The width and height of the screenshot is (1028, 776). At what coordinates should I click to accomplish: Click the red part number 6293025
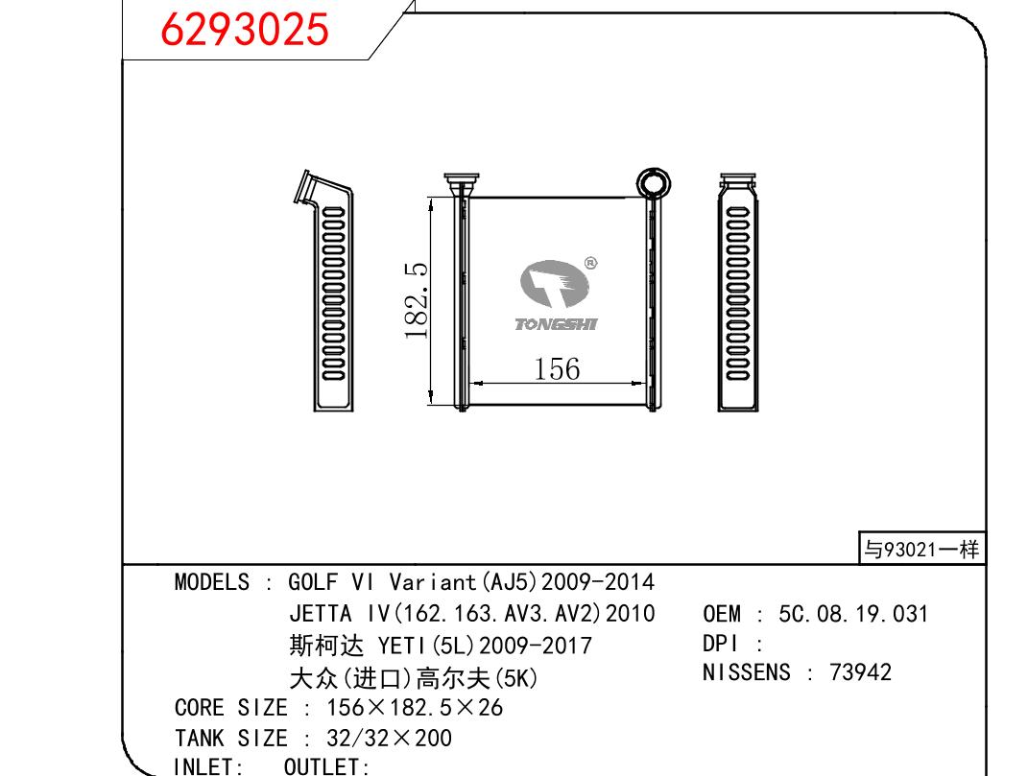pyautogui.click(x=244, y=30)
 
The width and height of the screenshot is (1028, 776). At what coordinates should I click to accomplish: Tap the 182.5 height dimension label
pyautogui.click(x=417, y=300)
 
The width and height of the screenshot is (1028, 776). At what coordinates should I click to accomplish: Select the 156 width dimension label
pyautogui.click(x=557, y=368)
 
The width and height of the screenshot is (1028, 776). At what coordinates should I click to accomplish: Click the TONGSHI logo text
pyautogui.click(x=556, y=324)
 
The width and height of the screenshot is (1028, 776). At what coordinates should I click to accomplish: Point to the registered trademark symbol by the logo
pyautogui.click(x=590, y=264)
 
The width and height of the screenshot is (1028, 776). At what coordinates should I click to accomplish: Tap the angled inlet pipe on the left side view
pyautogui.click(x=307, y=188)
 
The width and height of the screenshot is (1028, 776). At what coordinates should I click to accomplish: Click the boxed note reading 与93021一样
pyautogui.click(x=921, y=549)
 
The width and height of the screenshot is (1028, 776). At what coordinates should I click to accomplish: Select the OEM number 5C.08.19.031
pyautogui.click(x=853, y=614)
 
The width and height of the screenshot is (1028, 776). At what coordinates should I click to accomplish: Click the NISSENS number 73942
pyautogui.click(x=860, y=672)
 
